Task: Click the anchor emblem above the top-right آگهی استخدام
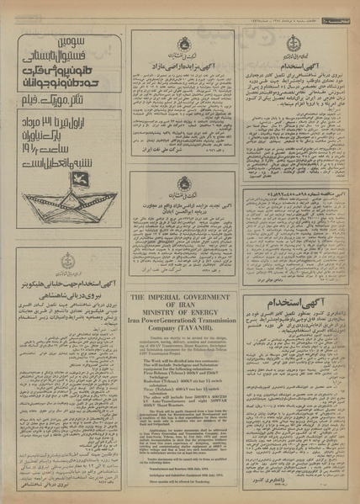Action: coord(294,44)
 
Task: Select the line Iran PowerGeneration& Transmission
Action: coord(182,324)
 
